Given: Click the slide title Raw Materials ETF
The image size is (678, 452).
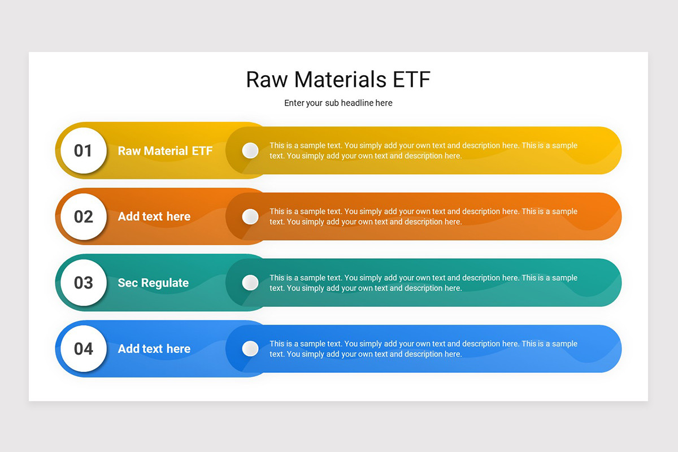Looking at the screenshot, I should (338, 80).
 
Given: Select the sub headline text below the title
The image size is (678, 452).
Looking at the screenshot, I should (338, 103).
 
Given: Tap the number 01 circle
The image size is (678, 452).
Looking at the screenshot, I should (84, 150).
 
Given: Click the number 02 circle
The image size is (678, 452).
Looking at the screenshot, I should (84, 216).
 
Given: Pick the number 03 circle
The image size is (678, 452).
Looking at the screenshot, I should (84, 282).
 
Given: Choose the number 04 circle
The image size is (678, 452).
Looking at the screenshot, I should (84, 349).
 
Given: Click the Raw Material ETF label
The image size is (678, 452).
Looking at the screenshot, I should (165, 151).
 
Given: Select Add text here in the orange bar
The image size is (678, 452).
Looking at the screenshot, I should (154, 216).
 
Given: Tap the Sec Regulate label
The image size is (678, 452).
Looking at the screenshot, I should (153, 283).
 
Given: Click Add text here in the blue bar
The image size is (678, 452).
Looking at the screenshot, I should (154, 349).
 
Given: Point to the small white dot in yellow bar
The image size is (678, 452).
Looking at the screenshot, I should (250, 150).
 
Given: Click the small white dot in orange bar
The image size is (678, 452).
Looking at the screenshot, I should (250, 216).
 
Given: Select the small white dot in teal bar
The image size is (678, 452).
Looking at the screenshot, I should (250, 282).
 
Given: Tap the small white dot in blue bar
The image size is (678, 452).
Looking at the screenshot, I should (250, 349).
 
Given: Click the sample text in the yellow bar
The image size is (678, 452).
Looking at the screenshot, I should (423, 151).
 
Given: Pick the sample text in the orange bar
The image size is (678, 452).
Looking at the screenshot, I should (423, 216).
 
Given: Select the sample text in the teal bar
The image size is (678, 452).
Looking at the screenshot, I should (423, 283).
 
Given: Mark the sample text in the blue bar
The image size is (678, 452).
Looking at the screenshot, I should (423, 349).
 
